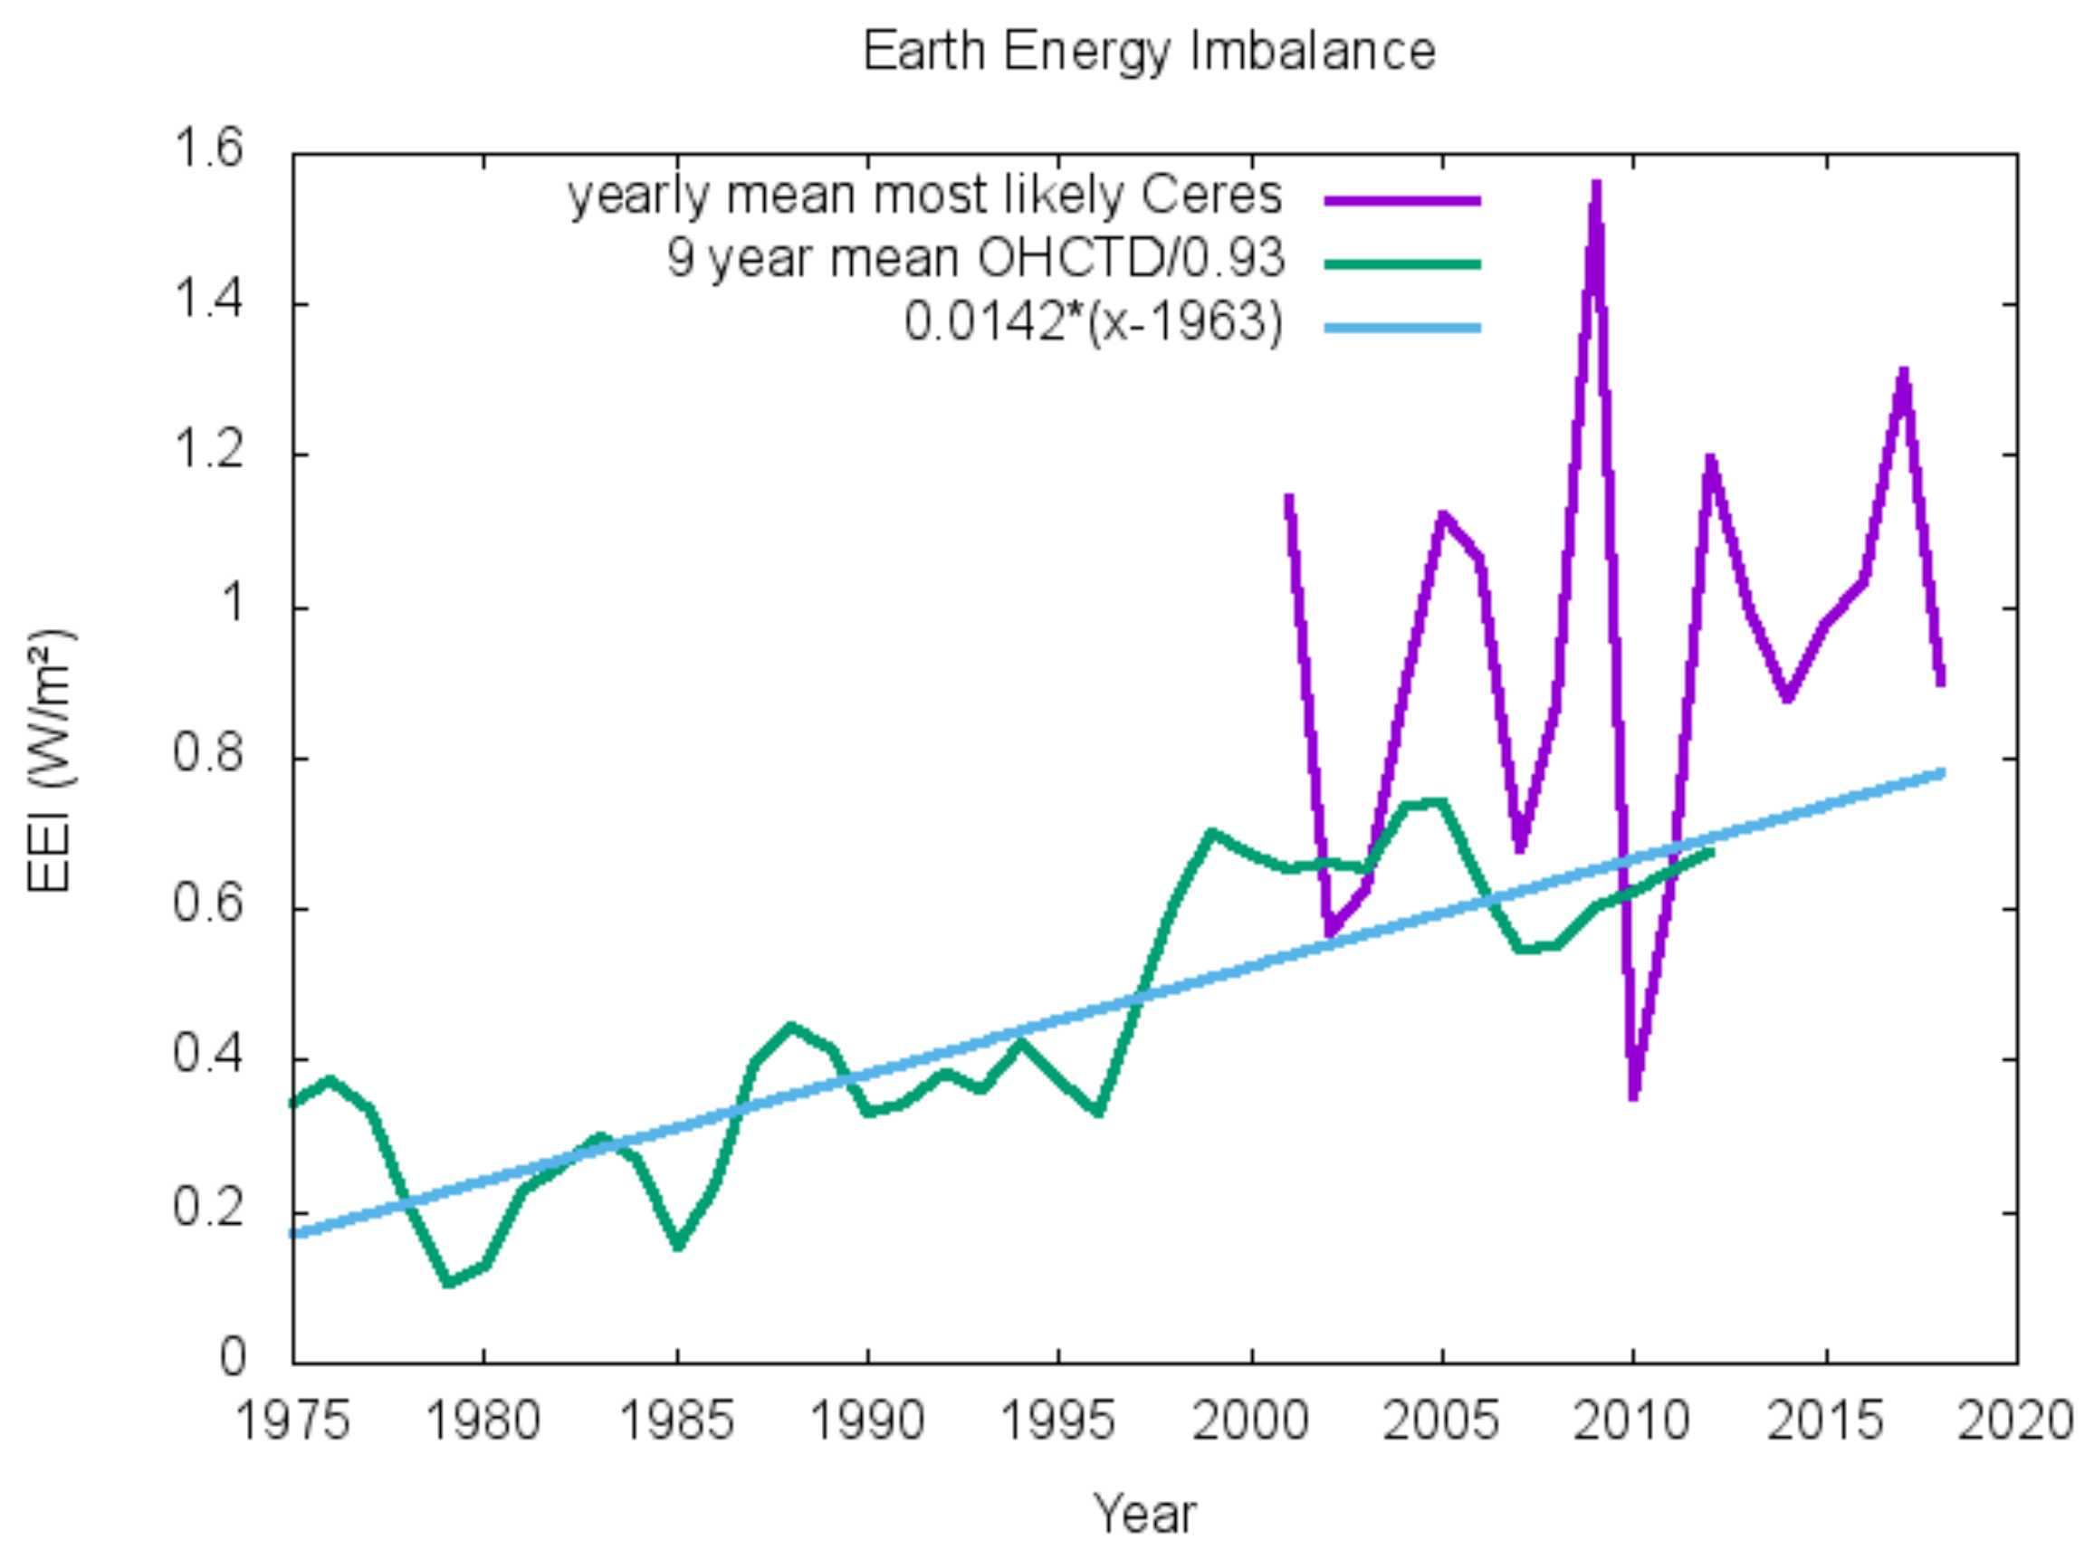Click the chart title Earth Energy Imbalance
click(1149, 51)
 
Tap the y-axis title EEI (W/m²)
click(49, 760)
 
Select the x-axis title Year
click(1143, 1514)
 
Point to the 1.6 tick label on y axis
click(207, 149)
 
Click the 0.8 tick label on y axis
click(207, 755)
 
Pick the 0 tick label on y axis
click(232, 1357)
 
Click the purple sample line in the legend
click(1402, 200)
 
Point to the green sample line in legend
click(1402, 264)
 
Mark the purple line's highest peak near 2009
click(1596, 185)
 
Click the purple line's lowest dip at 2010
click(1633, 1095)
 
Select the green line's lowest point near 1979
click(449, 1283)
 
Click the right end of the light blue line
click(1941, 773)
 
